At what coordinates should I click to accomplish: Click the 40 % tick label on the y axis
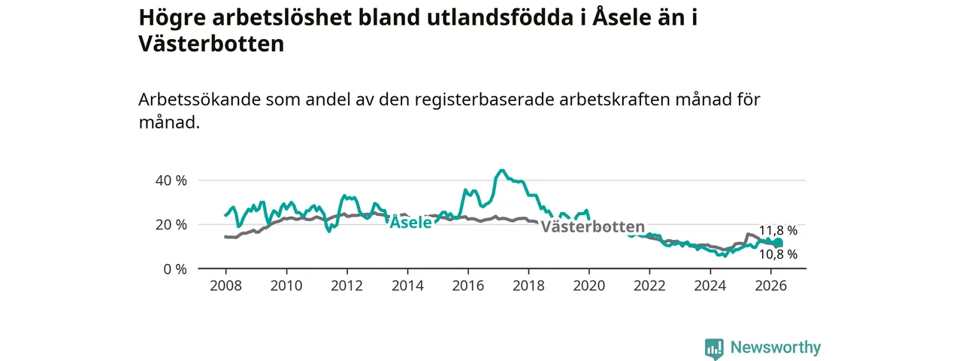click(x=171, y=180)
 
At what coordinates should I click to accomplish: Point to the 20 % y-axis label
click(x=171, y=225)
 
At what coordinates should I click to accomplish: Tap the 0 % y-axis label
click(x=175, y=269)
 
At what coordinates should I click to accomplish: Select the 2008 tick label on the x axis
click(x=226, y=286)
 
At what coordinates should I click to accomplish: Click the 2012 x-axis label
click(x=347, y=286)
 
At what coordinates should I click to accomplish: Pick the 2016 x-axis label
click(x=468, y=286)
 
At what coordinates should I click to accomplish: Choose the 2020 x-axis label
click(x=589, y=286)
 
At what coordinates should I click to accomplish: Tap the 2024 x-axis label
click(x=710, y=286)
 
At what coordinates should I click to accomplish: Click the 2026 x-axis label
click(x=771, y=286)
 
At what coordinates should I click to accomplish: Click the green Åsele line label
click(x=410, y=222)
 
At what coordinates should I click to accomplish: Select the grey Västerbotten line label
click(x=593, y=226)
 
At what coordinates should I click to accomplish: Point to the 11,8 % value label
click(x=778, y=231)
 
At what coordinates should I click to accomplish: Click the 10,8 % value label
click(x=778, y=254)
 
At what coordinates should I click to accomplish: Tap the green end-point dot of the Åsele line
click(x=778, y=243)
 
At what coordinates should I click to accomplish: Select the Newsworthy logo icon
click(x=714, y=348)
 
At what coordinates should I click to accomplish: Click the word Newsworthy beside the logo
click(x=776, y=347)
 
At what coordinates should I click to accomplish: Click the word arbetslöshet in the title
click(x=282, y=17)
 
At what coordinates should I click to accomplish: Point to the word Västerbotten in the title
click(x=211, y=44)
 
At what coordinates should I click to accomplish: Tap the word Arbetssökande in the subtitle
click(x=199, y=100)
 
